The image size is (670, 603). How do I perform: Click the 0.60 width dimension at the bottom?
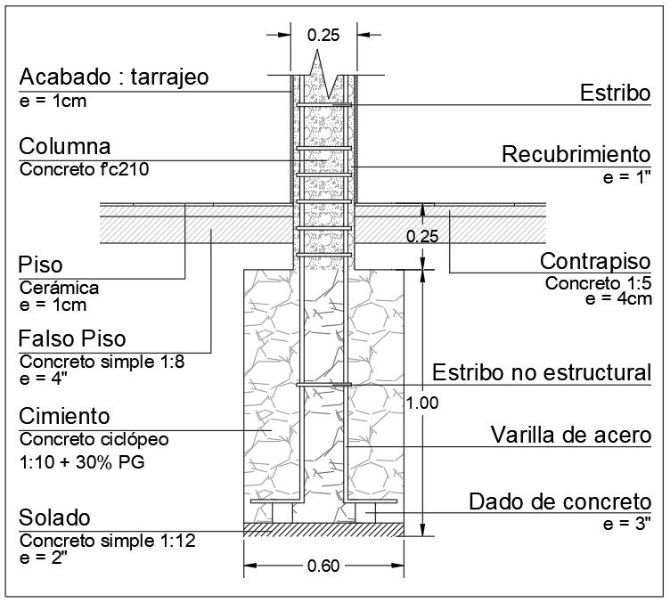[324, 565]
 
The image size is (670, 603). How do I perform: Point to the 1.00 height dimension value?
[421, 403]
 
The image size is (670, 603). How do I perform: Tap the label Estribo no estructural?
[542, 371]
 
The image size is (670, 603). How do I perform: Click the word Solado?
[55, 518]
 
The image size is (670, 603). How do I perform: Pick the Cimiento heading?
[65, 416]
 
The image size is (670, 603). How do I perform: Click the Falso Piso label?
[73, 339]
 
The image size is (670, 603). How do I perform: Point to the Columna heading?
[65, 146]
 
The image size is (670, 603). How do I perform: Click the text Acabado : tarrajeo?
[114, 77]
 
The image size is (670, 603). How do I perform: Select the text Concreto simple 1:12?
[108, 540]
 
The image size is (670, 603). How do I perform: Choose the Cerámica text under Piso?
[59, 288]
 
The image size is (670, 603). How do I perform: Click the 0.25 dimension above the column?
[323, 36]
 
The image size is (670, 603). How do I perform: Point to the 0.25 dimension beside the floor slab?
[421, 237]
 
